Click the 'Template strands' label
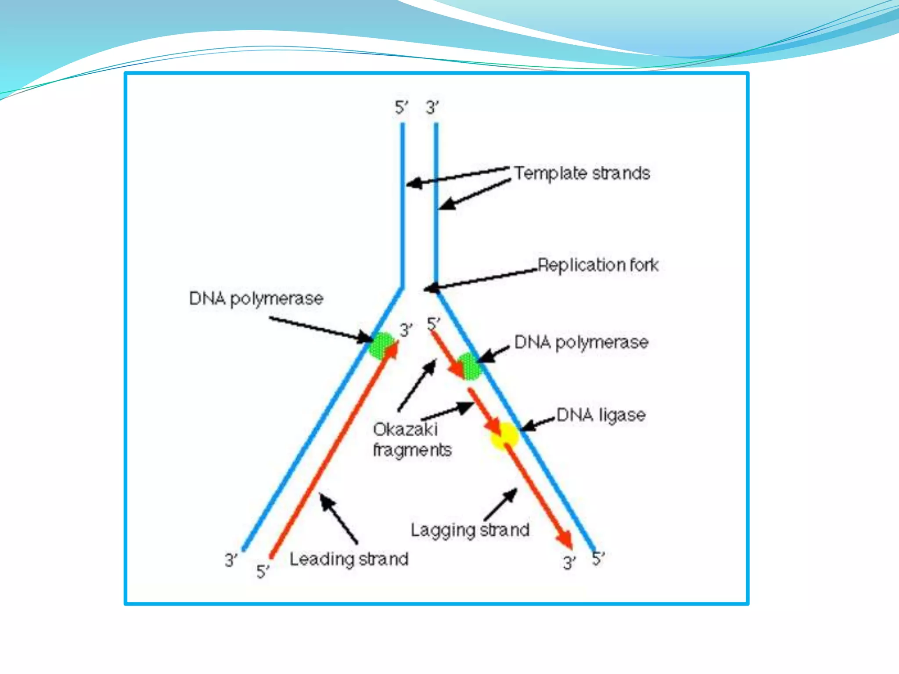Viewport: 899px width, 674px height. pyautogui.click(x=582, y=173)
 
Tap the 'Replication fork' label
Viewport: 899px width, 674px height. pyautogui.click(x=598, y=265)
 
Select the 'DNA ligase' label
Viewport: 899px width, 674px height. pyautogui.click(x=601, y=415)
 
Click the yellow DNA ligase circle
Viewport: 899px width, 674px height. pyautogui.click(x=505, y=435)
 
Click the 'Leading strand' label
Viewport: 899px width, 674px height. pyautogui.click(x=349, y=559)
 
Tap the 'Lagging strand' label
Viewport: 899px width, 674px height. pyautogui.click(x=470, y=530)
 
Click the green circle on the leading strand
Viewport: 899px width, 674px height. pyautogui.click(x=381, y=346)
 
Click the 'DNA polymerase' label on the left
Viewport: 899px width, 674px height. pyautogui.click(x=256, y=299)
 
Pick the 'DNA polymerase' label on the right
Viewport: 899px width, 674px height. pyautogui.click(x=581, y=342)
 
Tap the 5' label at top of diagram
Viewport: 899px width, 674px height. pyautogui.click(x=401, y=108)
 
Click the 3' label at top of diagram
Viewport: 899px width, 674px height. pyautogui.click(x=432, y=108)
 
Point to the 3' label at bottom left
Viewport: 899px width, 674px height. pyautogui.click(x=231, y=560)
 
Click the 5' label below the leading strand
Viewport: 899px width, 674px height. pyautogui.click(x=263, y=571)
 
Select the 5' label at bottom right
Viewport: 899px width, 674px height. pyautogui.click(x=598, y=559)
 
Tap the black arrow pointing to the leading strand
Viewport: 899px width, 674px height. pyautogui.click(x=338, y=518)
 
